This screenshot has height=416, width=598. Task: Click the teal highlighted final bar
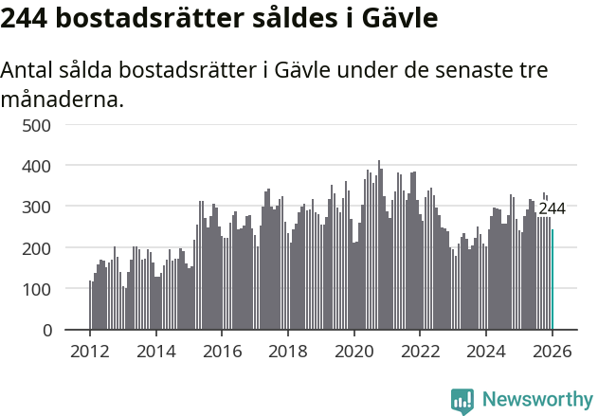(553, 280)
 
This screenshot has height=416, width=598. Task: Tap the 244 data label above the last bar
(552, 208)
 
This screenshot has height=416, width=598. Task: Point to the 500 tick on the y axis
(44, 124)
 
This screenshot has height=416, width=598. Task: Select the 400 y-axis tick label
(44, 166)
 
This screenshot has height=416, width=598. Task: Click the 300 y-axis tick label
(44, 207)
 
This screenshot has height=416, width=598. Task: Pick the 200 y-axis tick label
(44, 247)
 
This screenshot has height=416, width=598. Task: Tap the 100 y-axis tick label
(44, 289)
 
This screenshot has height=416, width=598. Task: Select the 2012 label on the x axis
(90, 351)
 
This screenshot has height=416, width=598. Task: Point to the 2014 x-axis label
(156, 351)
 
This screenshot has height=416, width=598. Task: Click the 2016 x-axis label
(222, 351)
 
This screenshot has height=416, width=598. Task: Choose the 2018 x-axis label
(288, 351)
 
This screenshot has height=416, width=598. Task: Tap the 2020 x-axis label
(353, 351)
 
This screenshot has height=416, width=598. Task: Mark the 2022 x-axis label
(420, 351)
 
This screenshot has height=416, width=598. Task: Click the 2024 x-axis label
(485, 351)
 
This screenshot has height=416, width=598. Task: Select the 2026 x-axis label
(552, 351)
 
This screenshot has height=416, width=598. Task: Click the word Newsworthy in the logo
(536, 400)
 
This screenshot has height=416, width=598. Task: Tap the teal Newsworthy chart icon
(462, 400)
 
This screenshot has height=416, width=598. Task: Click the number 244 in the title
(26, 18)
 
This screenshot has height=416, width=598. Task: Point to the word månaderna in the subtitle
(63, 99)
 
